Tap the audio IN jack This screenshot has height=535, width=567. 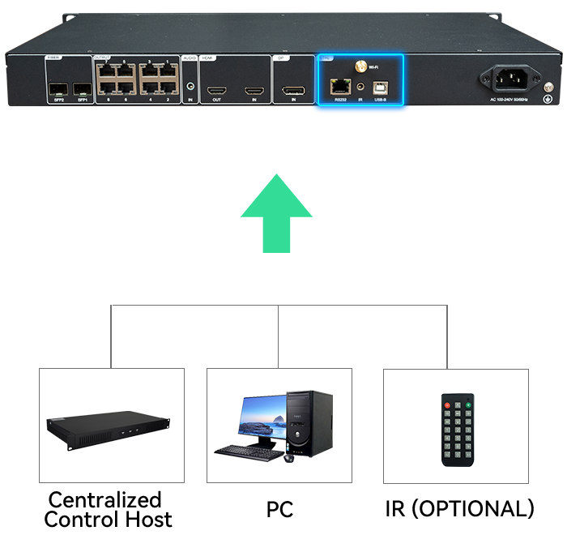click(x=190, y=84)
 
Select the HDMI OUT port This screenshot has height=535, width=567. click(x=216, y=89)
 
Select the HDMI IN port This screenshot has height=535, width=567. click(x=255, y=89)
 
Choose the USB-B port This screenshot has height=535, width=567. click(x=379, y=85)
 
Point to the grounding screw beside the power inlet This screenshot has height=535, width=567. click(x=548, y=100)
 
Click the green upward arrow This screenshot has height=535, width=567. click(x=278, y=212)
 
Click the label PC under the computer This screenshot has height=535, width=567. click(x=279, y=510)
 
